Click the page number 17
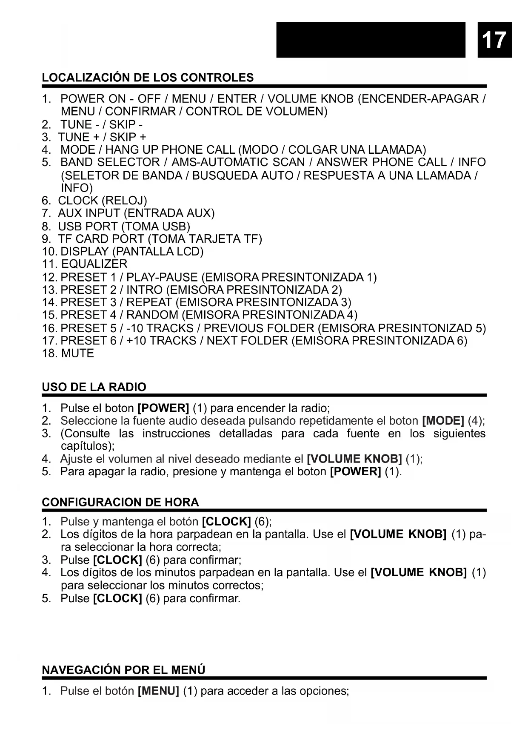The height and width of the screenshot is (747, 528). tap(494, 40)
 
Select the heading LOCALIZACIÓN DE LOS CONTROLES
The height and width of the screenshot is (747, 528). tap(148, 78)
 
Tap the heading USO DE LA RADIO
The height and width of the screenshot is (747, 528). tap(94, 387)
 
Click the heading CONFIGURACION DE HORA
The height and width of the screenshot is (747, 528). tap(120, 502)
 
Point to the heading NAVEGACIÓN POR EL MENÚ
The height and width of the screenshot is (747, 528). tap(123, 670)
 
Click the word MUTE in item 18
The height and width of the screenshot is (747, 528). tap(77, 353)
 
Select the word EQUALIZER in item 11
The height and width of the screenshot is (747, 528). tap(94, 264)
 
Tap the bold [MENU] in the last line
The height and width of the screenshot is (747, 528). tap(158, 691)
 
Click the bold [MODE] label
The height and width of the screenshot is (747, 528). tap(443, 421)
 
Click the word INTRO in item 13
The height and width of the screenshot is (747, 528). tap(144, 290)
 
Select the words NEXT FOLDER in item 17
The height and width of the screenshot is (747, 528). tap(247, 341)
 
